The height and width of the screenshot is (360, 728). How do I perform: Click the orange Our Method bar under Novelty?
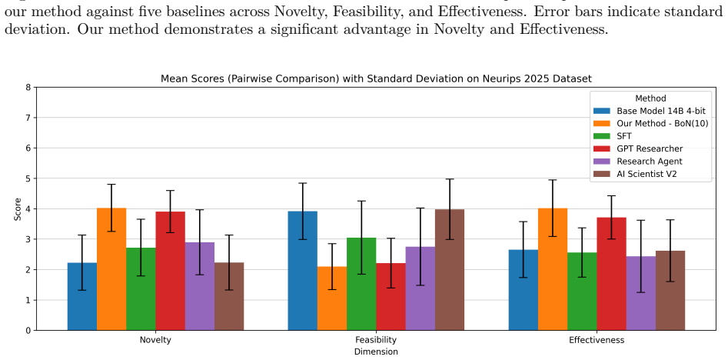(111, 269)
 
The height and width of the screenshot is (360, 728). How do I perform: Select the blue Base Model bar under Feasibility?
(303, 271)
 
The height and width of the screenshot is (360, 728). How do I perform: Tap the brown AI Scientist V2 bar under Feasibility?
(450, 270)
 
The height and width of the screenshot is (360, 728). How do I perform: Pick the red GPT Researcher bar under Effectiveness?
(611, 274)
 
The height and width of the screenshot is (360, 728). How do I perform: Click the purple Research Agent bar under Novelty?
(200, 286)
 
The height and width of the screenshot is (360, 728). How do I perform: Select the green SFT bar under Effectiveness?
(582, 292)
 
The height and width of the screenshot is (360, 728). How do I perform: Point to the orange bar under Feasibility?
(332, 298)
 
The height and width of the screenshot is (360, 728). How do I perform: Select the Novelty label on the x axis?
(155, 340)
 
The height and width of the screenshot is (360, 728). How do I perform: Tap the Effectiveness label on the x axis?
(597, 340)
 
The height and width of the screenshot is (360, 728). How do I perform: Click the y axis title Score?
(18, 209)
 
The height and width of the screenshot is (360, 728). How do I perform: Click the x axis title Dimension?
(376, 352)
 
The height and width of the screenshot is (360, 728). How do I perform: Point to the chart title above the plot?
(376, 79)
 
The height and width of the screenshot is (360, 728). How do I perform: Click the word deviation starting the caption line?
(37, 29)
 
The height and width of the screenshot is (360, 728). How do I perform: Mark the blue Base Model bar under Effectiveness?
(524, 290)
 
